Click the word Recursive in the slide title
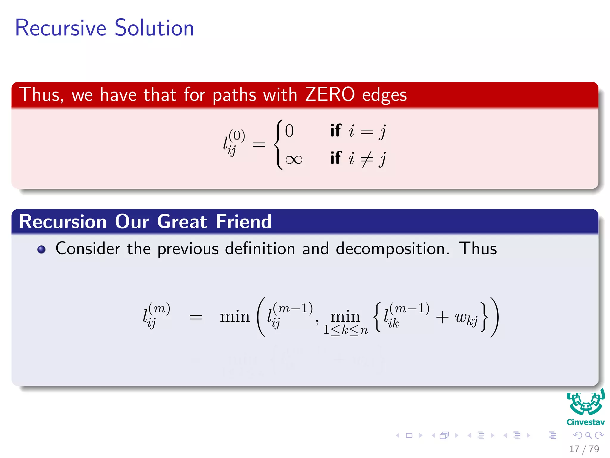[x=60, y=28]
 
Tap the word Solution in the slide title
[x=154, y=28]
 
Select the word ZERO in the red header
[x=330, y=95]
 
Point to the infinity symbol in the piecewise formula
[x=294, y=160]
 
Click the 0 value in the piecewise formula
[x=289, y=131]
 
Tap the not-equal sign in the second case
[x=367, y=159]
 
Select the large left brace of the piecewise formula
[x=278, y=145]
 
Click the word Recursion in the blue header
[x=63, y=222]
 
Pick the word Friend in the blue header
[x=244, y=222]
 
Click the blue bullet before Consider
[x=41, y=249]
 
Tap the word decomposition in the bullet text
[x=393, y=249]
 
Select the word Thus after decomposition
[x=478, y=248]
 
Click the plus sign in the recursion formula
[x=442, y=317]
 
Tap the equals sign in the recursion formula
[x=196, y=317]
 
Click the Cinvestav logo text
[x=585, y=422]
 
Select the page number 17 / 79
[x=584, y=449]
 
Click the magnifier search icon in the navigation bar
[x=588, y=436]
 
